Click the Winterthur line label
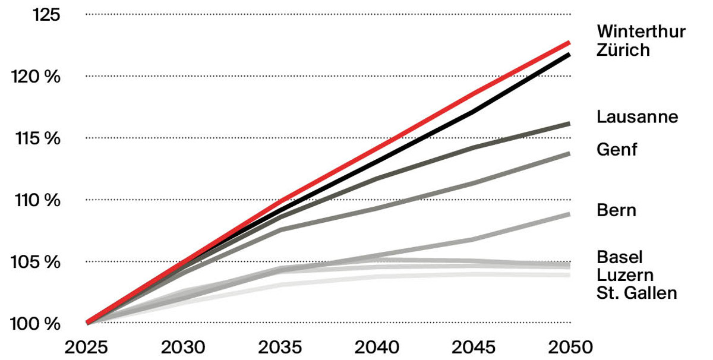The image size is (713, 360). click(x=641, y=31)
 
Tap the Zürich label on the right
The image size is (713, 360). click(x=623, y=50)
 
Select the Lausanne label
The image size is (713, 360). click(x=637, y=117)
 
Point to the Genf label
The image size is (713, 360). click(x=617, y=150)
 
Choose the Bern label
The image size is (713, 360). click(x=616, y=210)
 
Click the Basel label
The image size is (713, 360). click(x=619, y=257)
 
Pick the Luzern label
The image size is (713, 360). click(x=625, y=275)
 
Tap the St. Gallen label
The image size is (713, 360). click(x=636, y=293)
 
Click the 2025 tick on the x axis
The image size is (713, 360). click(x=86, y=348)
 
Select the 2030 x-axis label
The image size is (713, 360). click(x=183, y=348)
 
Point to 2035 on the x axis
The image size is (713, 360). click(x=280, y=348)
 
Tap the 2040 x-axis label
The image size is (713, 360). click(x=377, y=348)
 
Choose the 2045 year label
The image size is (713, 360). click(x=474, y=348)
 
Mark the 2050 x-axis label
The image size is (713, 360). click(x=570, y=348)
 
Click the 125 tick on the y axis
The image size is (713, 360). click(x=46, y=15)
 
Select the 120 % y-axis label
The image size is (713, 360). click(x=36, y=77)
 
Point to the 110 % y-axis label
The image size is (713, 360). click(x=37, y=201)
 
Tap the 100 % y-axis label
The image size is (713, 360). click(x=35, y=324)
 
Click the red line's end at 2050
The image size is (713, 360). click(x=569, y=43)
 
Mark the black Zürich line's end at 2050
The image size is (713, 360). click(x=569, y=55)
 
